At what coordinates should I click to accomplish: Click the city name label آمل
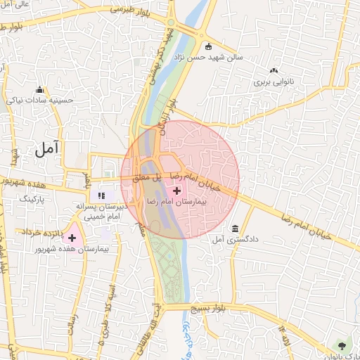click(47, 148)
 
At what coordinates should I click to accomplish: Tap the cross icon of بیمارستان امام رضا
click(176, 190)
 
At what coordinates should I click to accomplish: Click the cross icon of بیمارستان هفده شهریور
click(72, 238)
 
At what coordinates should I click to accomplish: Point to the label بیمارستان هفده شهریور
click(70, 250)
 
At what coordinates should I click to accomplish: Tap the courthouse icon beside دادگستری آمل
click(234, 230)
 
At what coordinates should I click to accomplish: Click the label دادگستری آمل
click(234, 240)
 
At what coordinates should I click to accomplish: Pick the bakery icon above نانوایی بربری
click(273, 70)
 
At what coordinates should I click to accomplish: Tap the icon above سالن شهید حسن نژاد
click(208, 47)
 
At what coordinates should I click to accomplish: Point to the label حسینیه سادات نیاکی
click(40, 100)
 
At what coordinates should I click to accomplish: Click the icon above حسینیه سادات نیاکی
click(40, 89)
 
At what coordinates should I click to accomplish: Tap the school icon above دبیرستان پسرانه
click(101, 195)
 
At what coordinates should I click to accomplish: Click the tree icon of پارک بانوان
click(342, 345)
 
